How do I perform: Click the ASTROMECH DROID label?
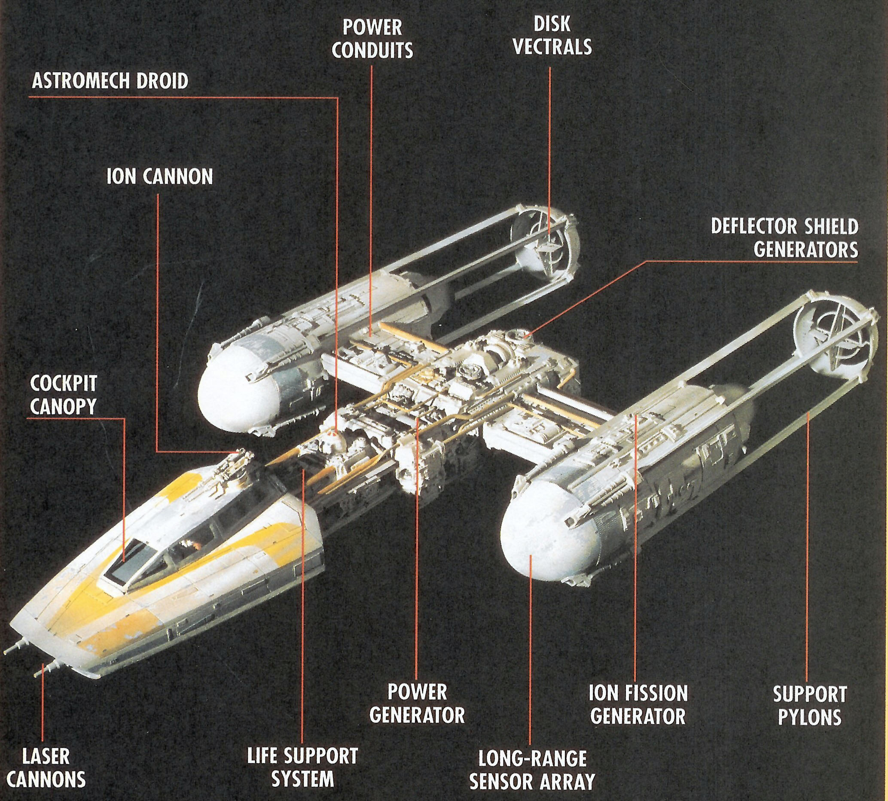[x=110, y=82]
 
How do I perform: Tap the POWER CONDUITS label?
[x=372, y=39]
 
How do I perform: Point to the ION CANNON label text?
[x=160, y=177]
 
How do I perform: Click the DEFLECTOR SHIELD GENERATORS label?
[x=784, y=238]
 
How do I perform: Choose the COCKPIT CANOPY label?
[x=63, y=395]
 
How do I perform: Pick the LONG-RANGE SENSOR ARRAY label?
[x=532, y=770]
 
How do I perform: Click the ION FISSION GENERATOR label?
[x=638, y=705]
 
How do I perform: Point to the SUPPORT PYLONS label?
[x=809, y=706]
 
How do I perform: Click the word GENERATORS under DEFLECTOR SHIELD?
[x=805, y=250]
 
